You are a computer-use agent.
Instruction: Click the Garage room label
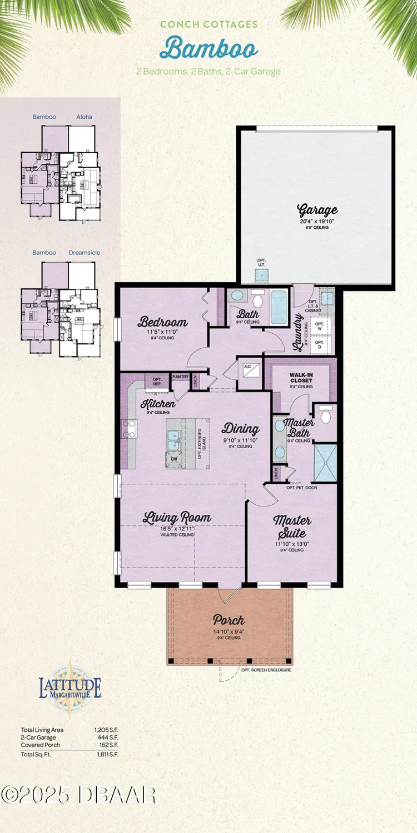(317, 210)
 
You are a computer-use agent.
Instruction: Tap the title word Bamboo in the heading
(209, 48)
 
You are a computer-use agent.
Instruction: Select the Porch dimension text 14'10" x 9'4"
(229, 632)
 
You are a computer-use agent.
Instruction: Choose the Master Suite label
(292, 526)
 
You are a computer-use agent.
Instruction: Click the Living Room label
(177, 518)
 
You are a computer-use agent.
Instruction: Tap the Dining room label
(241, 429)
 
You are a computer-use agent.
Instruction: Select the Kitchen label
(158, 403)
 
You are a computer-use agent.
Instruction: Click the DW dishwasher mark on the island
(174, 459)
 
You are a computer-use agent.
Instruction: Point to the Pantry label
(181, 377)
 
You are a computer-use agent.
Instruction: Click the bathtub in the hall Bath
(278, 307)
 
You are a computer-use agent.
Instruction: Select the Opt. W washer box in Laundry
(320, 325)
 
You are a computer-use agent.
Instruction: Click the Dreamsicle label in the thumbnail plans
(85, 253)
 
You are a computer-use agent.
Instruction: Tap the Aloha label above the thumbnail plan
(84, 117)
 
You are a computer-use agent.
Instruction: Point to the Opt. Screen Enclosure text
(266, 670)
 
